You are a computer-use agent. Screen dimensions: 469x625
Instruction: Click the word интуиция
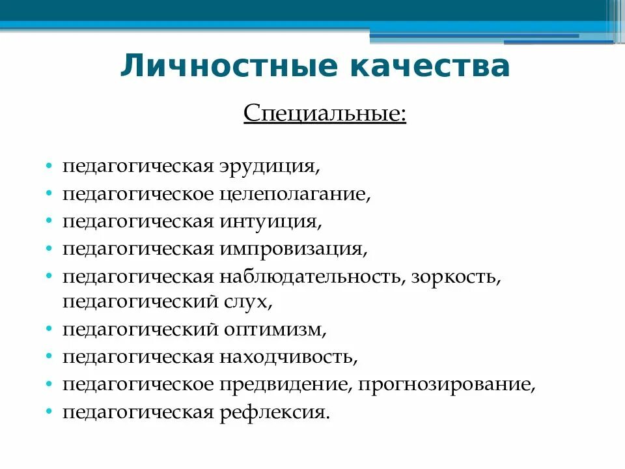(268, 221)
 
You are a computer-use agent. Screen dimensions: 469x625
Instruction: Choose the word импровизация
(292, 249)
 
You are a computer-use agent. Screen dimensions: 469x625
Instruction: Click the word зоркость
(456, 276)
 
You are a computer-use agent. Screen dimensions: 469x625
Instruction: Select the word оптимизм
(273, 330)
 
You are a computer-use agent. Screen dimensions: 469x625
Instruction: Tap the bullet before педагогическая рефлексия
(49, 413)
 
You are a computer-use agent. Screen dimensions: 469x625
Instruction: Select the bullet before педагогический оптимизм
(49, 331)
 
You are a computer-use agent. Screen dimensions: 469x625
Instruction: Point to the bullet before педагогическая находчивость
(49, 358)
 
